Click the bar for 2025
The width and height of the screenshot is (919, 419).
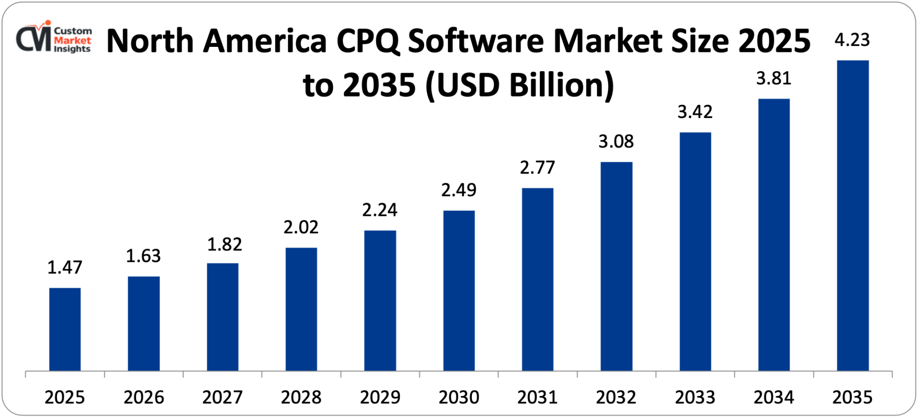click(65, 329)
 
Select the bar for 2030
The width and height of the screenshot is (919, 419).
click(459, 290)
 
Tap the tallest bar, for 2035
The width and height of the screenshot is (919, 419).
click(852, 215)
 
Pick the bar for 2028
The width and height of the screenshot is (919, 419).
click(301, 309)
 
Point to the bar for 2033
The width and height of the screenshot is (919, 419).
click(695, 251)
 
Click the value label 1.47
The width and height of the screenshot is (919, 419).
click(65, 267)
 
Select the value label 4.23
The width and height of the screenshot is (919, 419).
click(852, 40)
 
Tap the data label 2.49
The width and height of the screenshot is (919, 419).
click(459, 190)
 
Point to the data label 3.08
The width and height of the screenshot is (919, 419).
click(616, 142)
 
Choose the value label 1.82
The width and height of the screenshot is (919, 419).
click(224, 245)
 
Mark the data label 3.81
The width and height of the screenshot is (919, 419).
click(773, 79)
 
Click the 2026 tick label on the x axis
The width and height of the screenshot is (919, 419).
click(143, 397)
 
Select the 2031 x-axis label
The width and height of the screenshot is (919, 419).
click(537, 397)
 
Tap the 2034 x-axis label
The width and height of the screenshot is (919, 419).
click(773, 397)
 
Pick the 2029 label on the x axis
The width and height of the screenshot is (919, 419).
click(380, 397)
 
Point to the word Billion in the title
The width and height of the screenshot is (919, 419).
click(562, 85)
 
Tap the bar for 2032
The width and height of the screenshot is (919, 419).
click(616, 266)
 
